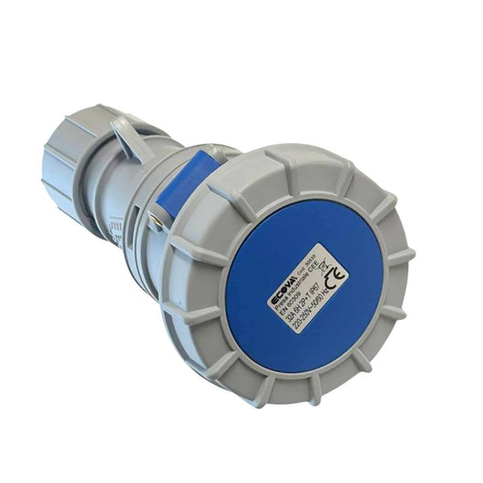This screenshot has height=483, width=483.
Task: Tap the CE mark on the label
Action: click(334, 274)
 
